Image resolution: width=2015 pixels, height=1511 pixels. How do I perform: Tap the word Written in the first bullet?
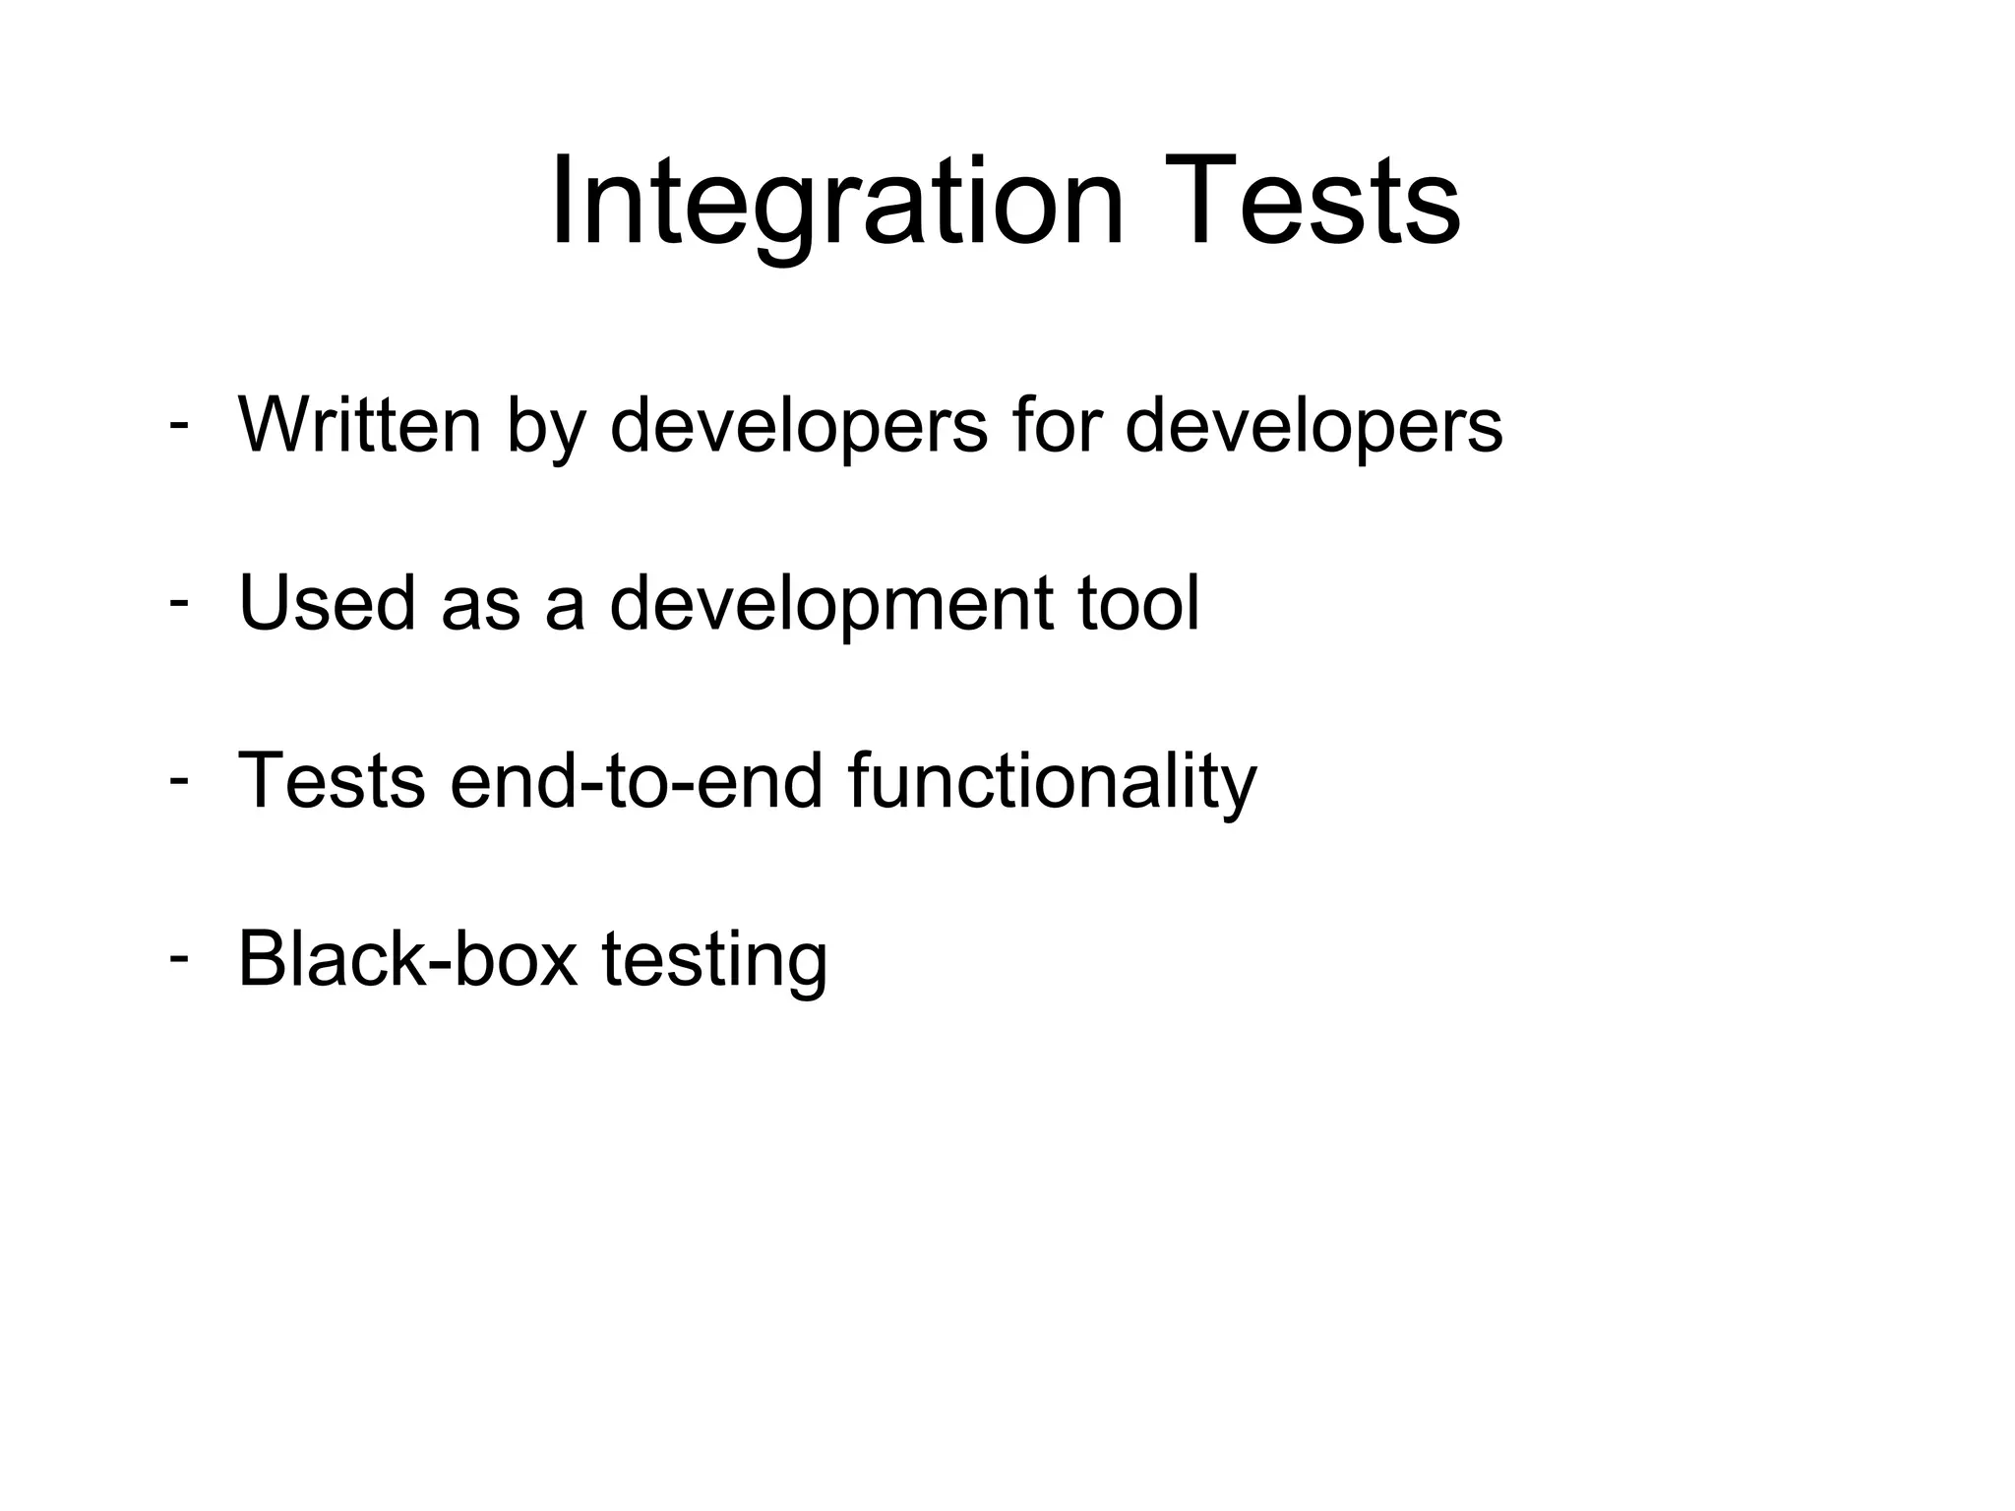pyautogui.click(x=360, y=425)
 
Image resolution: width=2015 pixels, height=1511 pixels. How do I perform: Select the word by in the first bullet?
pyautogui.click(x=546, y=430)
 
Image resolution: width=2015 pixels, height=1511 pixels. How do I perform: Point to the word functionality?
pyautogui.click(x=1051, y=783)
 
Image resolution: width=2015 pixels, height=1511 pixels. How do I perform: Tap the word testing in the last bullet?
pyautogui.click(x=714, y=962)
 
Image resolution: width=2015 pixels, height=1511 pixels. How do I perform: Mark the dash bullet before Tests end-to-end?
pyautogui.click(x=178, y=779)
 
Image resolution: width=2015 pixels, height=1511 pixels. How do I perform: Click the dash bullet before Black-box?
pyautogui.click(x=178, y=956)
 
